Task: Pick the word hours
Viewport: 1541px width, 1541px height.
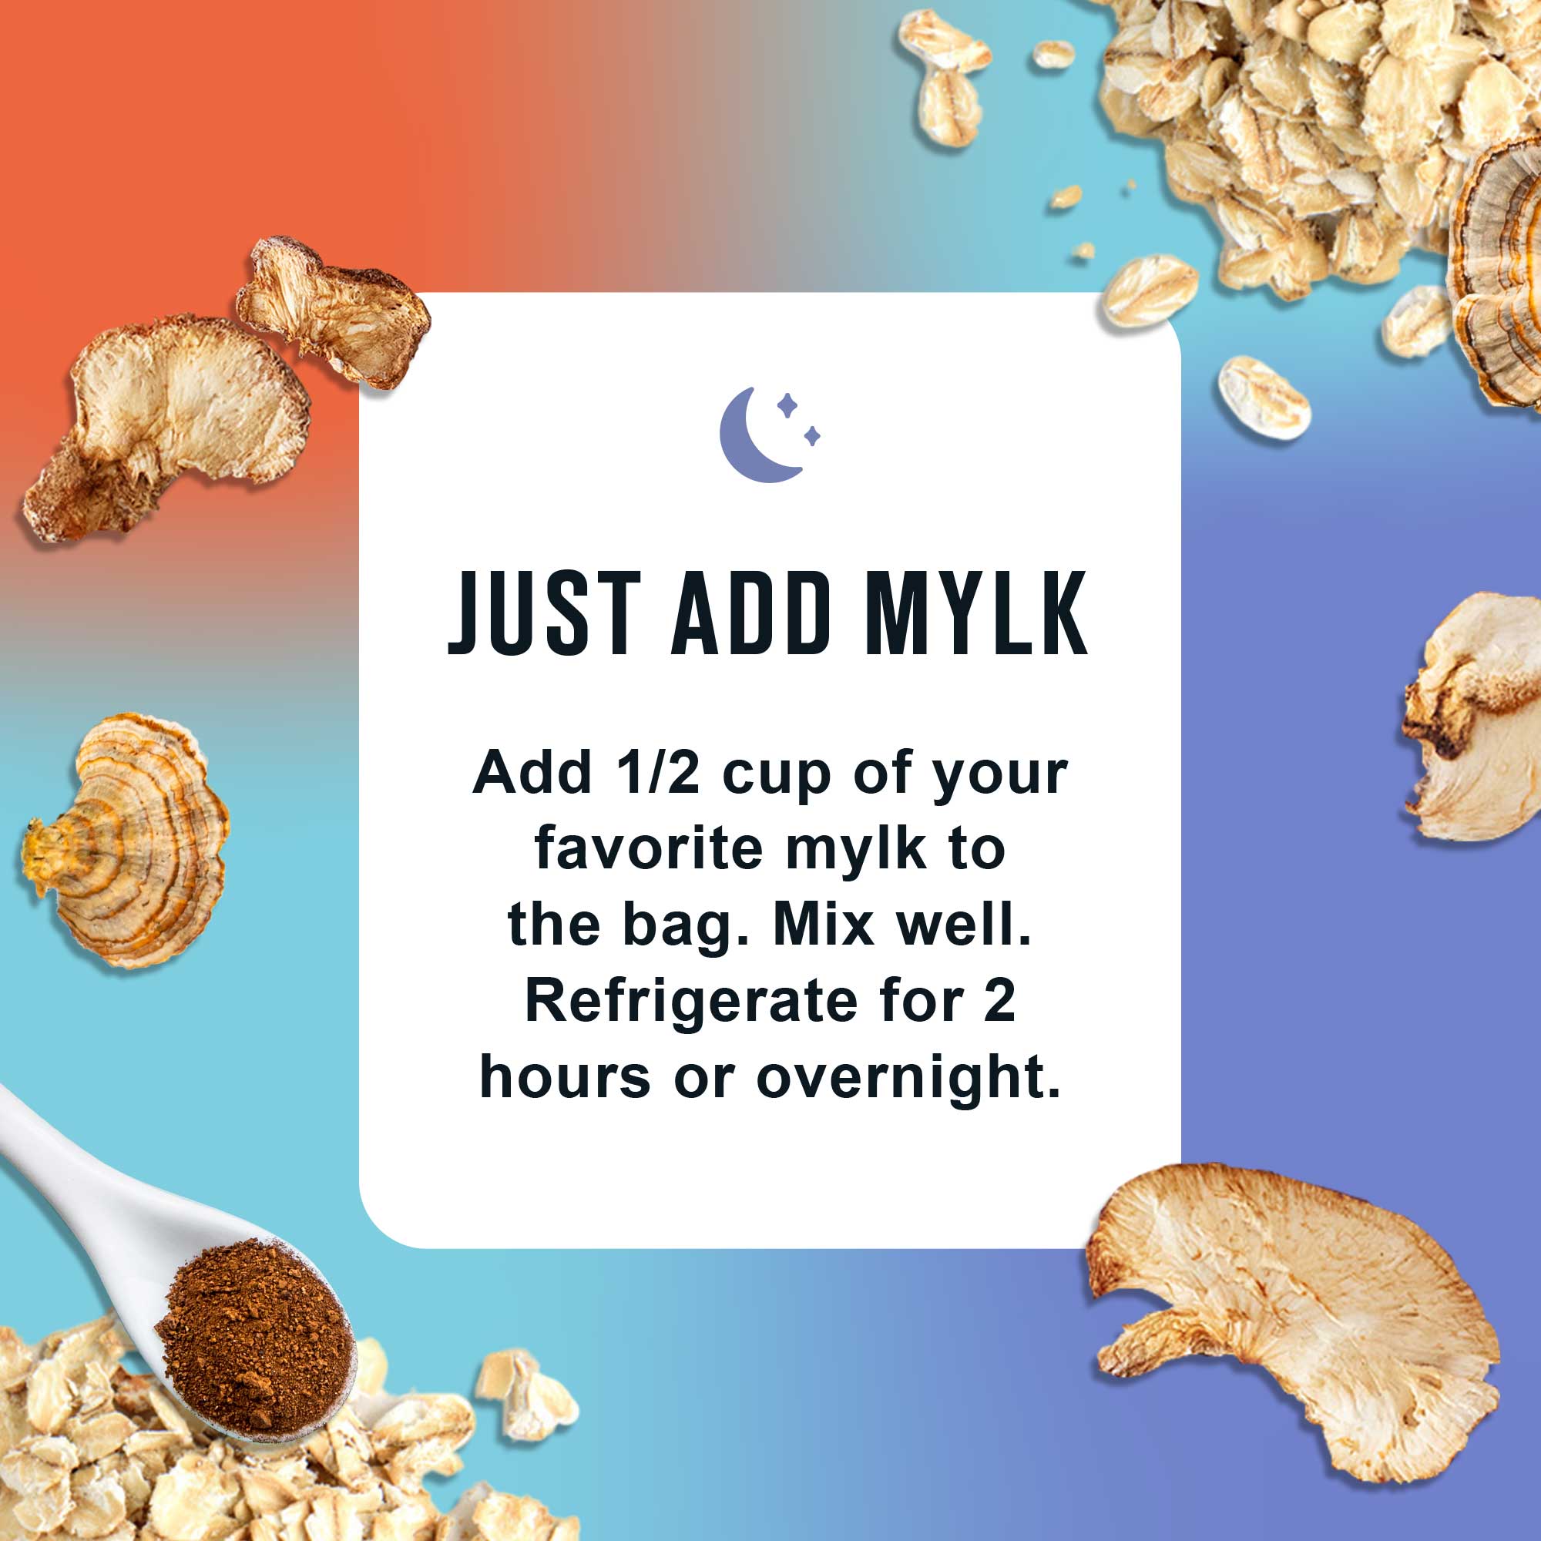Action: [x=565, y=1078]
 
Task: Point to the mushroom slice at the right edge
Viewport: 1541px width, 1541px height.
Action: [x=1476, y=718]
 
